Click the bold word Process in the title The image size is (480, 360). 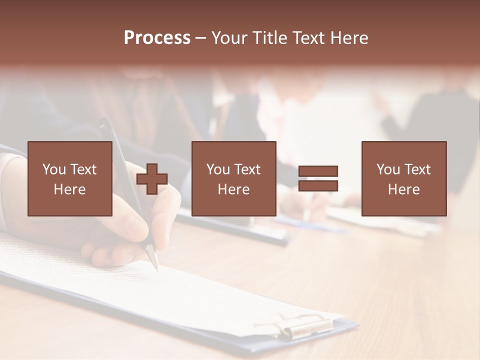(157, 38)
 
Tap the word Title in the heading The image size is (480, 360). (270, 38)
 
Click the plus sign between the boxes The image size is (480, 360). (152, 179)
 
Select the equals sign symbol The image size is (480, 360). (318, 178)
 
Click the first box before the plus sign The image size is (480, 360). (69, 178)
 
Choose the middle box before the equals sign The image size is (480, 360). (233, 178)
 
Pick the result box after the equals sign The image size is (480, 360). (403, 178)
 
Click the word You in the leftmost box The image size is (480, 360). (54, 169)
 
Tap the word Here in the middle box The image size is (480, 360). (233, 189)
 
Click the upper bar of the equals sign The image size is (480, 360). (318, 171)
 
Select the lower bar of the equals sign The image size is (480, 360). (318, 185)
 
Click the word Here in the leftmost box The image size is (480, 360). (69, 189)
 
